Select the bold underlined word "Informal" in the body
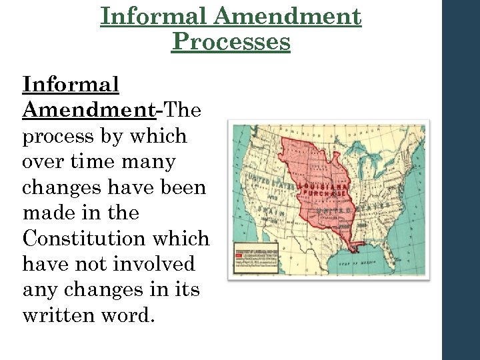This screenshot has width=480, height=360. [x=71, y=85]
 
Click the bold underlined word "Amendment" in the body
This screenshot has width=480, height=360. [x=89, y=110]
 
